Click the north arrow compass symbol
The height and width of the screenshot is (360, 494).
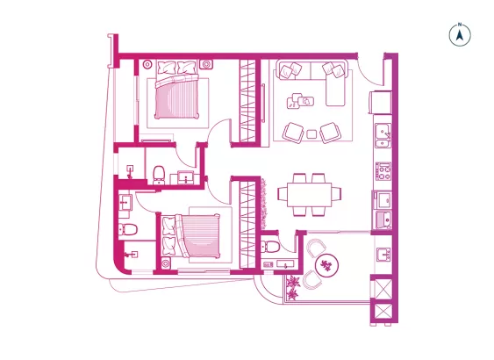coord(460,34)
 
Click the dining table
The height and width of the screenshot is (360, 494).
coord(309,195)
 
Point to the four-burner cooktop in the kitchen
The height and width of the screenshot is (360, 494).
coord(383,171)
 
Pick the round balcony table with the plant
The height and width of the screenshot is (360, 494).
coord(327,265)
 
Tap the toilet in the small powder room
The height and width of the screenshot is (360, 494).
coord(270,246)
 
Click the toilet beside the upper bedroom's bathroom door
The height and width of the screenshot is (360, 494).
coord(159,175)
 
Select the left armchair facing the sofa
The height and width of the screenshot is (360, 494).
coord(293,133)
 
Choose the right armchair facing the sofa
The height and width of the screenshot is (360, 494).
coord(331,133)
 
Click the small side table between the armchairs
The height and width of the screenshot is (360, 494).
coord(311,134)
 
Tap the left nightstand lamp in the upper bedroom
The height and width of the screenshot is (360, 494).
coord(147,65)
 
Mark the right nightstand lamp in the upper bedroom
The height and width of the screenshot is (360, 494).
coord(206,64)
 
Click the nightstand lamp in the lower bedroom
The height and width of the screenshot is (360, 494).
coord(166,263)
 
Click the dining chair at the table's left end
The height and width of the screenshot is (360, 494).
coord(283,193)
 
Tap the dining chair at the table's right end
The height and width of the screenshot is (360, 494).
coord(336,193)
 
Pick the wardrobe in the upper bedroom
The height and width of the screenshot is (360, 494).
coord(247,101)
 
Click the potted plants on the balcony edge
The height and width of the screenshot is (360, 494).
coord(293,287)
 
